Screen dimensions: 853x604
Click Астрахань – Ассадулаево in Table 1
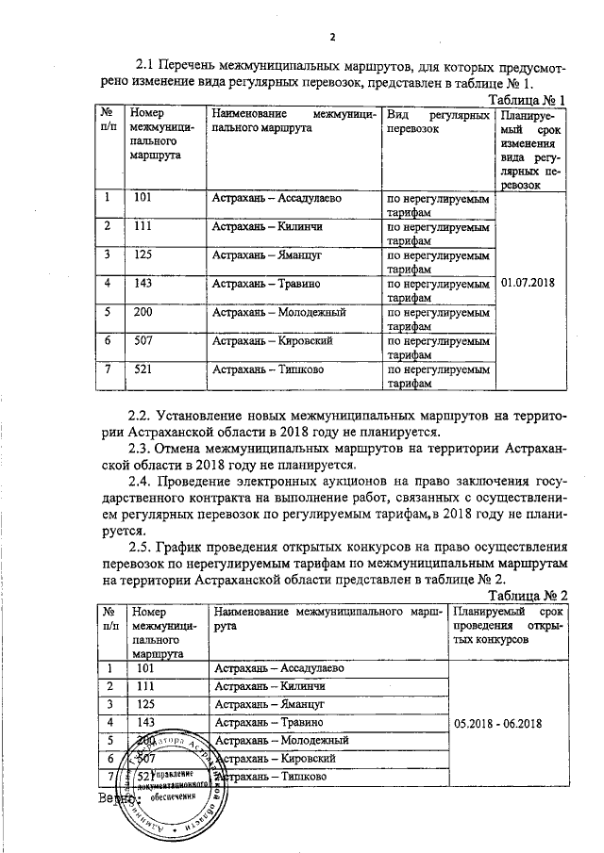[277, 199]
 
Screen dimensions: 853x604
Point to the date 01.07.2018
[530, 283]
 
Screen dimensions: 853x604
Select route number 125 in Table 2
[145, 704]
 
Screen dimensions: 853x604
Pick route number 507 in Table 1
[143, 340]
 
